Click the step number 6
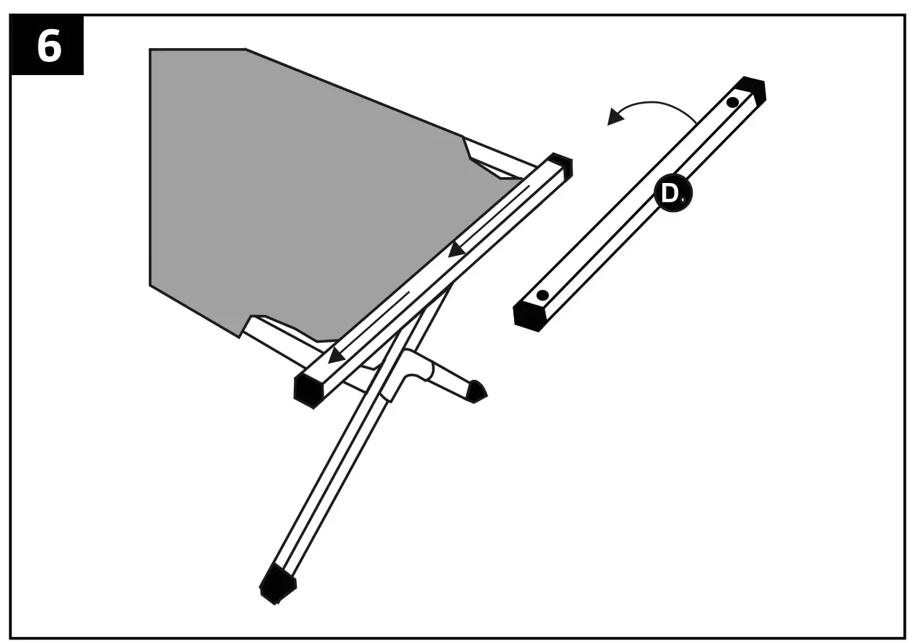pyautogui.click(x=48, y=46)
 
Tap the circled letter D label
pyautogui.click(x=671, y=194)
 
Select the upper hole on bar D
pyautogui.click(x=733, y=102)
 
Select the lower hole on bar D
pyautogui.click(x=542, y=296)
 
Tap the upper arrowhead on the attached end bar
pyautogui.click(x=457, y=250)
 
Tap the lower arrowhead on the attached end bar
pyautogui.click(x=336, y=356)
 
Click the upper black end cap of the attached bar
pyautogui.click(x=562, y=164)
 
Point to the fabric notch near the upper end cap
pyautogui.click(x=470, y=152)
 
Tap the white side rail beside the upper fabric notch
pyautogui.click(x=503, y=159)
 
